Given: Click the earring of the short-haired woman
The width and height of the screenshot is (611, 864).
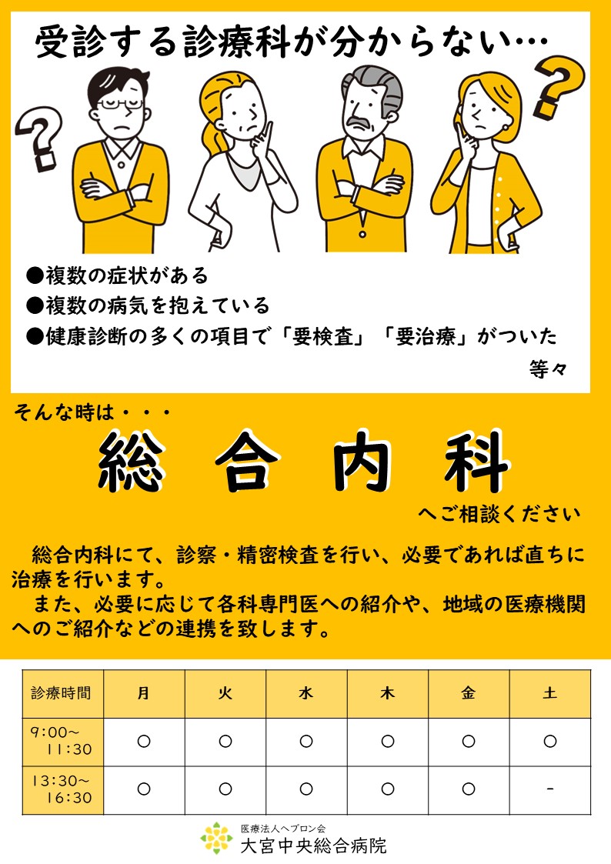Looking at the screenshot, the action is pos(506,127).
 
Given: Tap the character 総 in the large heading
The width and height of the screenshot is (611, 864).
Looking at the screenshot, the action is pos(131,461).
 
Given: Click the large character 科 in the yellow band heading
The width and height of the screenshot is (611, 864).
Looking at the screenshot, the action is pos(476,461).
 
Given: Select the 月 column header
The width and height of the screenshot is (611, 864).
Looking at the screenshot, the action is pos(144,693).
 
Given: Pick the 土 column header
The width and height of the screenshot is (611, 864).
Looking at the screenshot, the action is pos(550,693).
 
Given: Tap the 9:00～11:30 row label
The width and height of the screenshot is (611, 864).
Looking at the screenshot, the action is pos(62,741).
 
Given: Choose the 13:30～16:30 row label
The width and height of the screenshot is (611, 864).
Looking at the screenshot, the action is pos(62,789).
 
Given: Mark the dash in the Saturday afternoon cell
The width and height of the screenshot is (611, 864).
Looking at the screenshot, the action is pos(550,789).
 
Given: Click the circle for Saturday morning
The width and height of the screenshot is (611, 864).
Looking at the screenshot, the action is pos(550,741).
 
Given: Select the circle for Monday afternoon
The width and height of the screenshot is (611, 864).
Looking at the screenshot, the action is pos(144,789).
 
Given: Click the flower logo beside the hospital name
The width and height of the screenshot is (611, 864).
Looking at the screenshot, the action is pos(217,838).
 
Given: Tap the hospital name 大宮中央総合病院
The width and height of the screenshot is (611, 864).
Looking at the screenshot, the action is pos(313,846).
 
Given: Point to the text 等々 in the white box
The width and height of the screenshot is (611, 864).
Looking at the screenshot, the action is pos(548,369).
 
